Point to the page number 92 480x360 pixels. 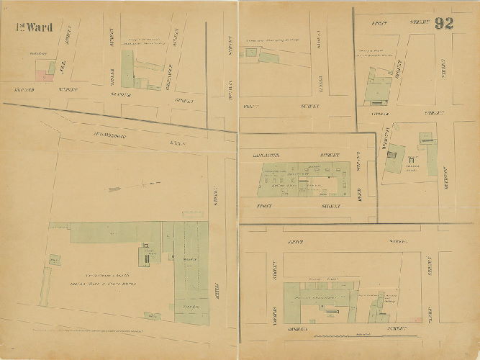444,22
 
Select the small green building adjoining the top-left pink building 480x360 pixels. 51,68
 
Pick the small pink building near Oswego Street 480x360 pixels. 412,318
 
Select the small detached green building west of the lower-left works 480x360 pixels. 55,260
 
